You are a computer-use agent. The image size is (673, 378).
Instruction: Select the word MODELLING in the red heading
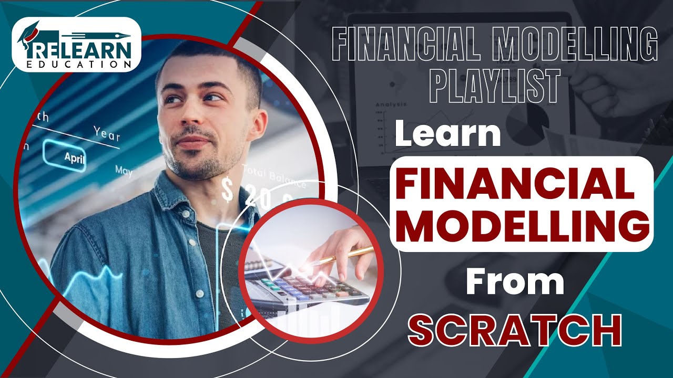[521, 225]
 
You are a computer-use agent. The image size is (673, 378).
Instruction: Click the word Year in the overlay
[107, 134]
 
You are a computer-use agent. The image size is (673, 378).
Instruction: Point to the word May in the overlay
[124, 171]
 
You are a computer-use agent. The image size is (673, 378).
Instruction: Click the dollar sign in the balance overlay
[227, 190]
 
